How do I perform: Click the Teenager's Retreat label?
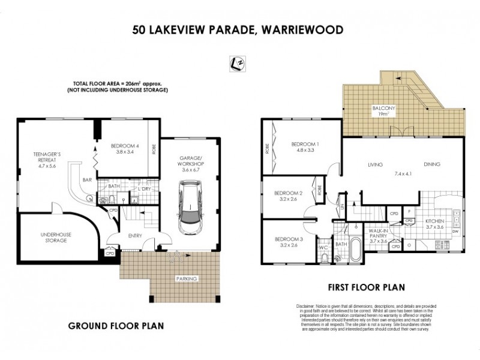tap(47, 158)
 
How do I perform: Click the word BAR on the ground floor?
tap(86, 179)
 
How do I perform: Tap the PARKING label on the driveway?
tap(188, 280)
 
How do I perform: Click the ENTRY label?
tap(134, 235)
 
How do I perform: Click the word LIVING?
tap(376, 164)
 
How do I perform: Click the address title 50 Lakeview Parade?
tap(239, 29)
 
